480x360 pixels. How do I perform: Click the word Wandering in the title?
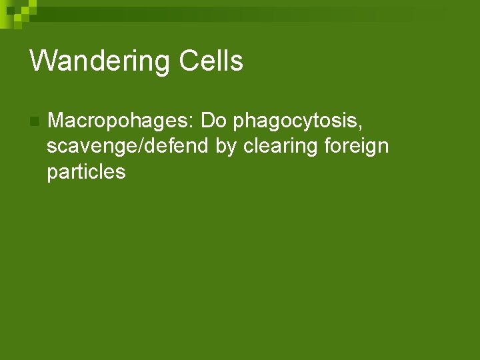point(100,61)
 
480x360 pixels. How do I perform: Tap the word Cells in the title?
point(211,61)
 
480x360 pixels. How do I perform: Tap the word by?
point(226,146)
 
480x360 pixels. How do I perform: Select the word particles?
point(86,171)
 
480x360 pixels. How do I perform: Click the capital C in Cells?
point(190,61)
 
